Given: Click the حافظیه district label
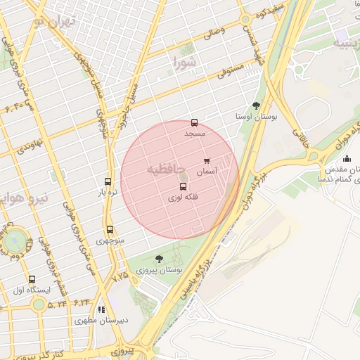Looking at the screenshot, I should pos(168,169).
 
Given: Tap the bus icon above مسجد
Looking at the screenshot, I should pos(195,122).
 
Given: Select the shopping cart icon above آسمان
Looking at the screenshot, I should pos(207,161).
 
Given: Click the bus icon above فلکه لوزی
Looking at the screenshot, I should pos(184,187).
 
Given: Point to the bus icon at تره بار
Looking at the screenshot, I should pos(108,181).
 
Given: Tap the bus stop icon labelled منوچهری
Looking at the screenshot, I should pos(110,229).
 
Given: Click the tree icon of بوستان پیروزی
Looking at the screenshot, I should pos(159,259).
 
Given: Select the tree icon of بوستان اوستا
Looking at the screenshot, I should pos(256,105).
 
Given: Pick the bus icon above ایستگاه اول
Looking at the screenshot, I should pos(32,278).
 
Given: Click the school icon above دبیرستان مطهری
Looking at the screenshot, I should pos(102,309).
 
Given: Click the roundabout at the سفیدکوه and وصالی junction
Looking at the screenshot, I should pos(246,20).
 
